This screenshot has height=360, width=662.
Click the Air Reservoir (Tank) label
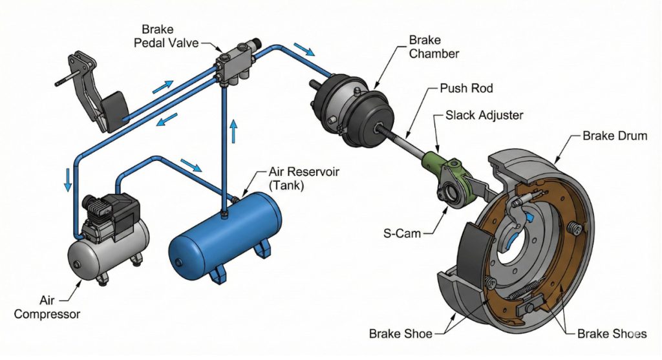coord(297,180)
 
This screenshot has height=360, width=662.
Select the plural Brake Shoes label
coord(612,334)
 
